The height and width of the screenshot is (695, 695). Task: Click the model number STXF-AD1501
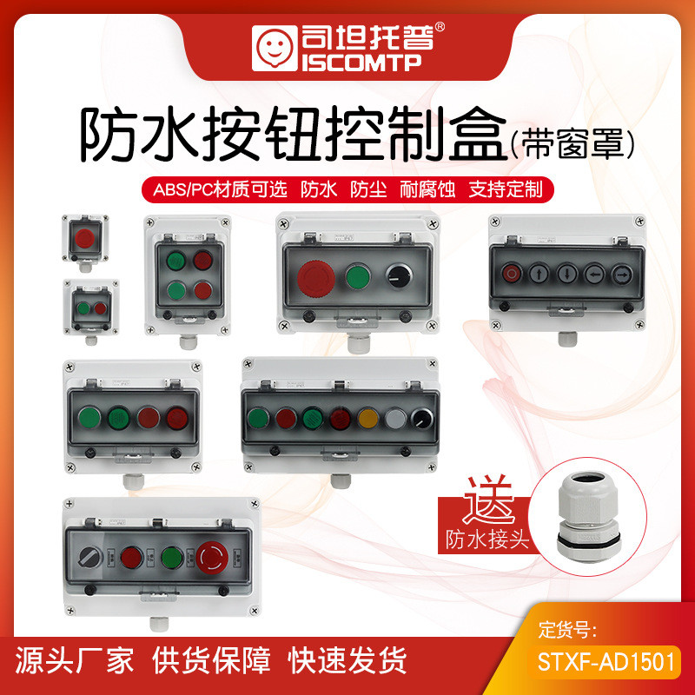point(602,663)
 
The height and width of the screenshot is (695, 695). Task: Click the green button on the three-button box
point(357,277)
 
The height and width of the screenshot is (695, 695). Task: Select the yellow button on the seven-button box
point(367,420)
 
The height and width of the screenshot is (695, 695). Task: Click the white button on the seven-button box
point(395,420)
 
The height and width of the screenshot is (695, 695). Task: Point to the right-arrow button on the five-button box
point(623,273)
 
